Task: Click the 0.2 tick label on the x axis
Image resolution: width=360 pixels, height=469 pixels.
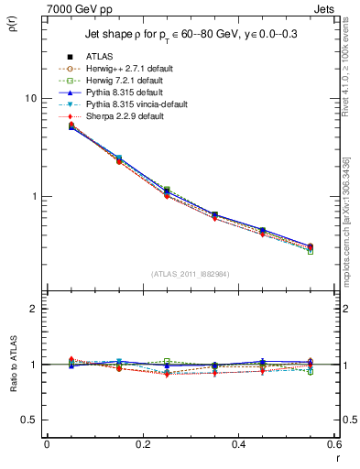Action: pyautogui.click(x=142, y=444)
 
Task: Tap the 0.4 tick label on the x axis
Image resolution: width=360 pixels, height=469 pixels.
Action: pyautogui.click(x=238, y=444)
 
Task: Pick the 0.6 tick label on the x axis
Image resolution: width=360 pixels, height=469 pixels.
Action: pyautogui.click(x=332, y=444)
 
